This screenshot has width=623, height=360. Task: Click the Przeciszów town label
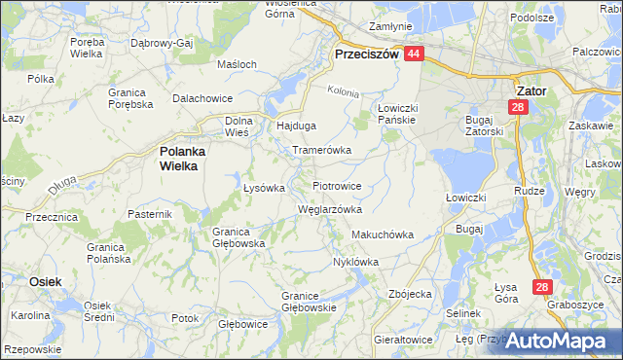[x=366, y=55]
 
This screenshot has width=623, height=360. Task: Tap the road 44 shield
[x=414, y=55]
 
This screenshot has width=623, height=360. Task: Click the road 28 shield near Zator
[x=518, y=109]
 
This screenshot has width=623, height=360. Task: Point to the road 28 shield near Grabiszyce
[x=543, y=287]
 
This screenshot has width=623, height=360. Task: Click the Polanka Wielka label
[x=178, y=159]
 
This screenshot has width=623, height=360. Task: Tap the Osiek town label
[x=46, y=281]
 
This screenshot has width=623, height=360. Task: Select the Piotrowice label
[x=337, y=185]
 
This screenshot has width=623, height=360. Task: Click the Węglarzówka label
[x=329, y=209]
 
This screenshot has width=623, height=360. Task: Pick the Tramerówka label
[x=321, y=151]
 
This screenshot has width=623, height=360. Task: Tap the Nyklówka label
[x=355, y=262]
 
